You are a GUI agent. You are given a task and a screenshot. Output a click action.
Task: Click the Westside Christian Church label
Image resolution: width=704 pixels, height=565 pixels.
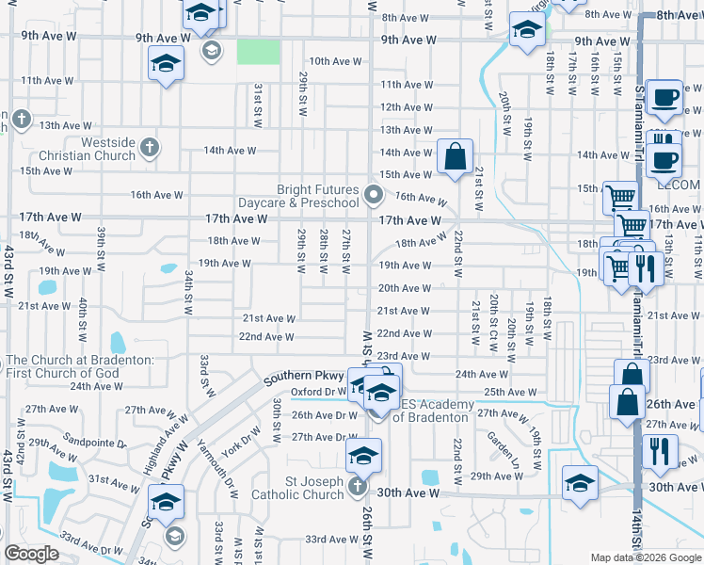(x=88, y=149)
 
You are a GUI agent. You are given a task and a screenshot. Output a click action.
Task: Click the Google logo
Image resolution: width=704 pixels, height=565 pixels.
(x=31, y=554)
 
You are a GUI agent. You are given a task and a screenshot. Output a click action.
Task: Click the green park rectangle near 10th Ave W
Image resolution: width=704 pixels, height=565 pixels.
(x=258, y=51)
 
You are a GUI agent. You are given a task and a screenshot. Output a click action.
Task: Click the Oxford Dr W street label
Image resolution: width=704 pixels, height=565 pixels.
(x=318, y=392)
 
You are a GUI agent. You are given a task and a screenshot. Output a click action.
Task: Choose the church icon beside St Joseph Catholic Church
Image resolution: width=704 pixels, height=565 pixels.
(x=357, y=486)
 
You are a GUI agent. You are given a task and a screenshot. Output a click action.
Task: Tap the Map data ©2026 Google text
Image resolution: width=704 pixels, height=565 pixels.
(x=646, y=557)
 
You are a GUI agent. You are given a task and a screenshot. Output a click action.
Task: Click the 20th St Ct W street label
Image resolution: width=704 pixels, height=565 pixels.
(x=493, y=322)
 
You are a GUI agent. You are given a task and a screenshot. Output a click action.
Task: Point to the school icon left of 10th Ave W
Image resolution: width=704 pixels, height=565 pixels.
(x=167, y=64)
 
